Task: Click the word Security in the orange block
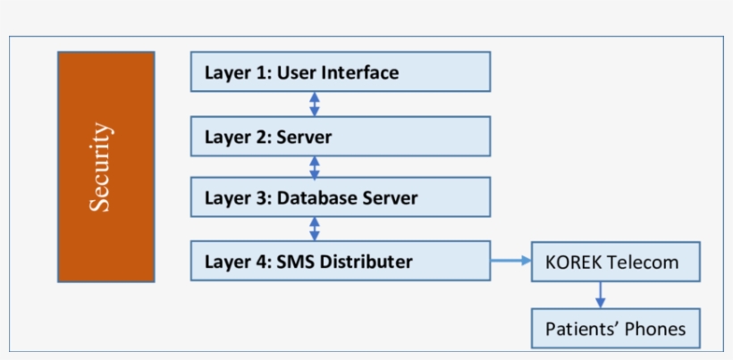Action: pos(101,167)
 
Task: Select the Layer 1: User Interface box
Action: pos(340,71)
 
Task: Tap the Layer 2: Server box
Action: pos(340,137)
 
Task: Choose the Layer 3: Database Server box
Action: pos(340,197)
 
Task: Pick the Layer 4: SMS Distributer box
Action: pos(340,261)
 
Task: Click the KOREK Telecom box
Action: pos(615,263)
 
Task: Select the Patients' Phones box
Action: pos(615,329)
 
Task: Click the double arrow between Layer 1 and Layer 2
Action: pos(314,104)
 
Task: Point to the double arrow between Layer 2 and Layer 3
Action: pos(314,167)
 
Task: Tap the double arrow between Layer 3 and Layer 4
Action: pos(314,228)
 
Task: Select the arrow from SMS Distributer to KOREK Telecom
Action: pos(511,262)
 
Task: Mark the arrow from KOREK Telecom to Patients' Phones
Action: pos(601,295)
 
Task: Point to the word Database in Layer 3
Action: pos(318,198)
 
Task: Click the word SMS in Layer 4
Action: pos(296,262)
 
